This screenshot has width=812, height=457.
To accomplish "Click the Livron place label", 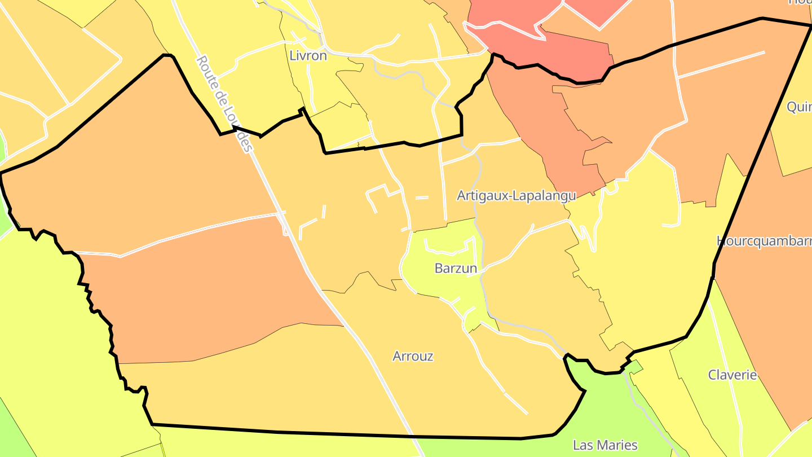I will point(308,56).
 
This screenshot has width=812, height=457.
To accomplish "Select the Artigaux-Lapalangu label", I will point(516,196).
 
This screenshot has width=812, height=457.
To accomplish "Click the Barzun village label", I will point(456,269).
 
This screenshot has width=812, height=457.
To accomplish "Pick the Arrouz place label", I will point(413,357).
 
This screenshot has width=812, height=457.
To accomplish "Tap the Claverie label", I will point(732,375).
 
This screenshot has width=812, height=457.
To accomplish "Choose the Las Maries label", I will point(605,445).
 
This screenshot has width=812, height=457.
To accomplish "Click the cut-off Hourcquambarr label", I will point(764,241).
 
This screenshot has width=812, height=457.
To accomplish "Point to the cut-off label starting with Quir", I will point(799,107).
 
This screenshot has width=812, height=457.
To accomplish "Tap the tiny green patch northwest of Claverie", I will point(635,367).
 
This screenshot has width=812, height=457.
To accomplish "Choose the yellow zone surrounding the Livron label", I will point(265,85).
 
